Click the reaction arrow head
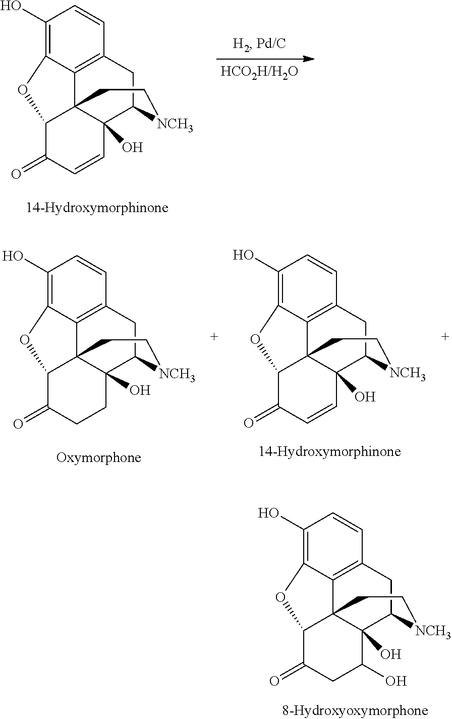(x=308, y=59)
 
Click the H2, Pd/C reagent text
(x=259, y=44)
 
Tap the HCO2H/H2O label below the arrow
(x=259, y=72)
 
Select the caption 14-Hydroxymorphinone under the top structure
(x=97, y=208)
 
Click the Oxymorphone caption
(x=98, y=457)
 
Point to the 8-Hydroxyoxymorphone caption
(x=355, y=710)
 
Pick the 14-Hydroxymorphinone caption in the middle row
(x=329, y=451)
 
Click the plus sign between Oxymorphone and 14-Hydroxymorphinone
(x=214, y=336)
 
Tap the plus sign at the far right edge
(x=445, y=336)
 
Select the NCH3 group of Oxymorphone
(x=177, y=374)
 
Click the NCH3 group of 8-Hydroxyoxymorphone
(x=433, y=631)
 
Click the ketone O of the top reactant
(x=16, y=174)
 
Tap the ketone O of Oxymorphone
(x=18, y=424)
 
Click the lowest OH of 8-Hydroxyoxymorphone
(x=396, y=681)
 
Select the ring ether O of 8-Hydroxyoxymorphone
(x=280, y=598)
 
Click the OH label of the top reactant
(x=132, y=147)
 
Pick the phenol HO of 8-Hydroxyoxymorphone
(x=269, y=513)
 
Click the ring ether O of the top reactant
(x=22, y=90)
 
